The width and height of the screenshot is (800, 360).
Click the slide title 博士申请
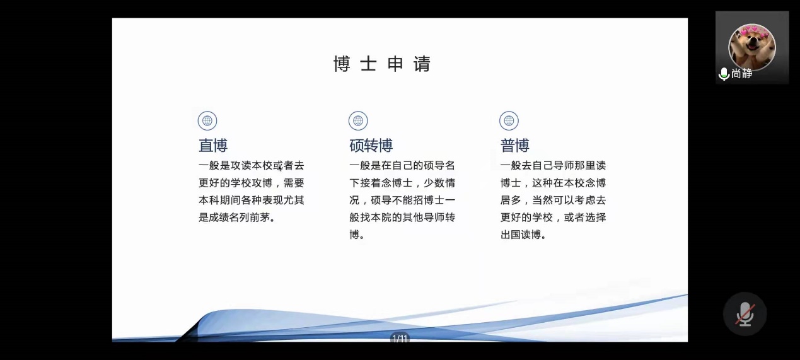(x=382, y=64)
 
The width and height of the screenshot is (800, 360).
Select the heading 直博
(x=213, y=146)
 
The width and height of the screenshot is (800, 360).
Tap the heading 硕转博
(x=371, y=146)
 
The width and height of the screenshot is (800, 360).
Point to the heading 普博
(x=514, y=146)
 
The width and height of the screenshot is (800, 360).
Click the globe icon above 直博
(x=207, y=120)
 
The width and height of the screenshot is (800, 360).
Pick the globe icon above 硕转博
(x=358, y=120)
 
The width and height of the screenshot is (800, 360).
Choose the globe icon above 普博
(x=509, y=120)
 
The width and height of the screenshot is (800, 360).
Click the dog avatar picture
(x=752, y=47)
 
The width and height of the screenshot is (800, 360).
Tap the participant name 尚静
(x=741, y=74)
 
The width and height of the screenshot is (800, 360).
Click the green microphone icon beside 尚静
(x=724, y=74)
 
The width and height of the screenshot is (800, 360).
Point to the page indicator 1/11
(x=400, y=338)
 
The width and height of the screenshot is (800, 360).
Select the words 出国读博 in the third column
(x=521, y=235)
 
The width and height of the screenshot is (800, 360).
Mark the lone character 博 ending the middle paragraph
(x=354, y=235)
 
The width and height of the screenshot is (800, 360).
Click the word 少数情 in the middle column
(x=439, y=183)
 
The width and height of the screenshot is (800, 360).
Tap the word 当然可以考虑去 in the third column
(x=569, y=200)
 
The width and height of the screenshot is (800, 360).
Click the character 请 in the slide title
(x=422, y=64)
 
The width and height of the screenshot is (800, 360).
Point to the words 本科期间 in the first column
(x=219, y=200)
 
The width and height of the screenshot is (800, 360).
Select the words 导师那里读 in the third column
(x=579, y=165)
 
